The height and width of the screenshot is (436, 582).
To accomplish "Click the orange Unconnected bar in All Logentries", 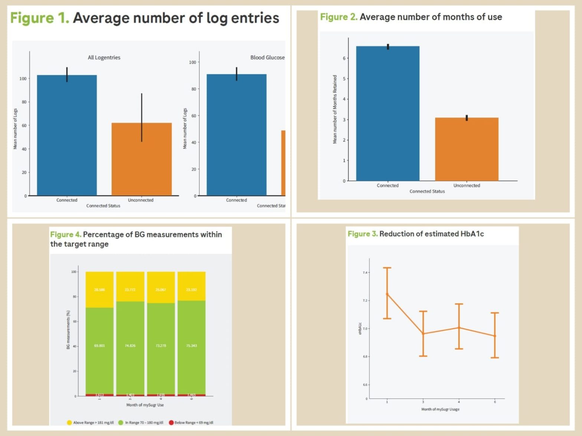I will click(x=141, y=159).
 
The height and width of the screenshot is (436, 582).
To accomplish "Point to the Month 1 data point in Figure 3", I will click(x=387, y=294).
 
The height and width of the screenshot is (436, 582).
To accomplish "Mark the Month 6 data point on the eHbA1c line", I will click(x=495, y=336).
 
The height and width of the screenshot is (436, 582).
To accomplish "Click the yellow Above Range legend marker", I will click(x=69, y=423).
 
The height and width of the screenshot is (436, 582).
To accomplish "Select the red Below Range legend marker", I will click(x=171, y=423).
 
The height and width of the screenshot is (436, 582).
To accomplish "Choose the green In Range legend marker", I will click(x=121, y=423).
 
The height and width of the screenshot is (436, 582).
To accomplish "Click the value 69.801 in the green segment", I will click(x=99, y=346).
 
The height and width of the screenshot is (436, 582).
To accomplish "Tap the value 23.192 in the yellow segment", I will click(x=192, y=290).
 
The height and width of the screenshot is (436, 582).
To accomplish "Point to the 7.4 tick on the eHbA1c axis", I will click(x=365, y=272).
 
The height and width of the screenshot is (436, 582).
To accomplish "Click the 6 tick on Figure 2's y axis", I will click(x=344, y=58).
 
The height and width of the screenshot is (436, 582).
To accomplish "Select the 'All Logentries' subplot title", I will click(x=104, y=57).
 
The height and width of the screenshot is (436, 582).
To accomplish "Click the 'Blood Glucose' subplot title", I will click(x=267, y=57).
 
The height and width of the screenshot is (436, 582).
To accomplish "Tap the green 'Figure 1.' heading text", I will click(x=40, y=18).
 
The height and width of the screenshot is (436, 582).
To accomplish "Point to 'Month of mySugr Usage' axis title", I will click(x=440, y=409).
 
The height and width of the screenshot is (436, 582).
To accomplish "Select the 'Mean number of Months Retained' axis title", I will click(x=335, y=109).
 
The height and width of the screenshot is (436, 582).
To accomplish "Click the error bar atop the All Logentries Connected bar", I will click(x=67, y=74).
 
